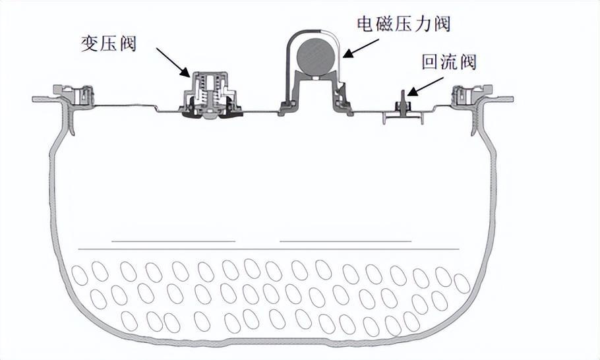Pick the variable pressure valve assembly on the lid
pos(210,94)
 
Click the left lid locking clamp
pos(73,96)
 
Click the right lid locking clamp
pos(464,96)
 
